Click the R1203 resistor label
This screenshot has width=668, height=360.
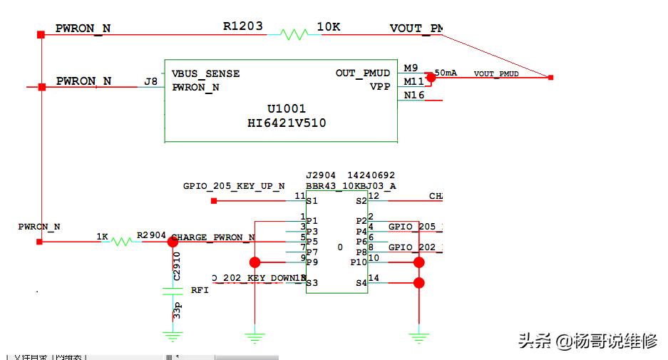(x=242, y=26)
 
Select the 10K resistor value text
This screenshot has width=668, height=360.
(x=329, y=27)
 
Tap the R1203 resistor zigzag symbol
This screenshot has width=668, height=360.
(x=293, y=34)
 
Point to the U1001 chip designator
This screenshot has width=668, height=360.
(x=287, y=109)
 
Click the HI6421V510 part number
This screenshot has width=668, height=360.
(x=286, y=123)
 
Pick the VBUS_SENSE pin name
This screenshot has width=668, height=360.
(x=205, y=73)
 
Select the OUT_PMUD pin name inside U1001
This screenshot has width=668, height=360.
(x=363, y=73)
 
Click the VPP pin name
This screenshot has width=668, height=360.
(x=380, y=87)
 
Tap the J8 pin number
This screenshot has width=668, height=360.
(x=151, y=81)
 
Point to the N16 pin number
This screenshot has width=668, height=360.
(x=413, y=95)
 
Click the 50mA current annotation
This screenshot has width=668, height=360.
(x=446, y=73)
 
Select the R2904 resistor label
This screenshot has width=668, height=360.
(x=151, y=235)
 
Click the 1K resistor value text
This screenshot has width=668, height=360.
(x=103, y=235)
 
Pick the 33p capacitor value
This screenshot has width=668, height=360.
(x=176, y=312)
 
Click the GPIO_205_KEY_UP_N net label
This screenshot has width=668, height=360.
(x=234, y=186)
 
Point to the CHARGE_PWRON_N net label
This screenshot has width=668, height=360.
(x=214, y=237)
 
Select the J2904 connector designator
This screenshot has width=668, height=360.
(x=321, y=175)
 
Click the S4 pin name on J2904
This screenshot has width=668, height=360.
(x=361, y=284)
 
